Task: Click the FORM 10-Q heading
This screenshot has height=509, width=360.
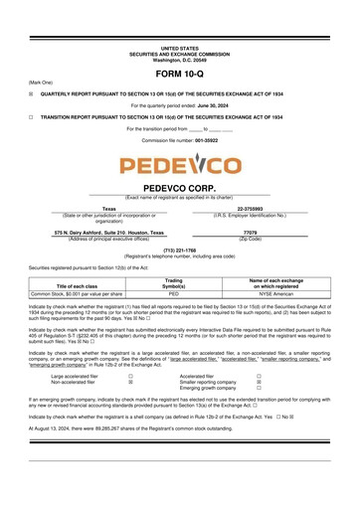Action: (x=179, y=75)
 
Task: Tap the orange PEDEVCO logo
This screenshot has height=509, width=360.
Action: (x=179, y=165)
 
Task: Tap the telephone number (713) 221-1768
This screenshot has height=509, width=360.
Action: (x=179, y=249)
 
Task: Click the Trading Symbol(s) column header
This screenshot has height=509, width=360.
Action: (x=173, y=284)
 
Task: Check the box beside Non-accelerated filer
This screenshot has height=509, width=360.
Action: (x=130, y=382)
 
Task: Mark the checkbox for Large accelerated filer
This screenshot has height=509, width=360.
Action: (x=130, y=376)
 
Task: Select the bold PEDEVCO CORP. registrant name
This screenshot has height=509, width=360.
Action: (x=179, y=187)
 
